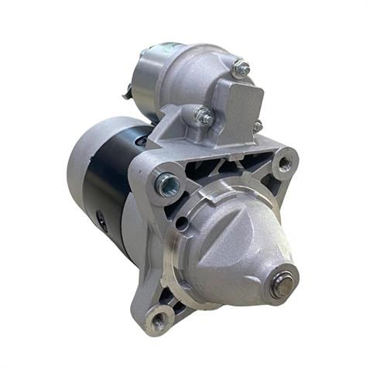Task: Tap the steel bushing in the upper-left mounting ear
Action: tap(167, 184)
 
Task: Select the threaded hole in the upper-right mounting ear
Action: tap(285, 163)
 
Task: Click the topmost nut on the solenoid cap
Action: tap(242, 69)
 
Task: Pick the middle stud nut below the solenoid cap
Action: tap(204, 117)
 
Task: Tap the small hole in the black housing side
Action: tap(101, 220)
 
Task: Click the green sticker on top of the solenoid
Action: tap(166, 46)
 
